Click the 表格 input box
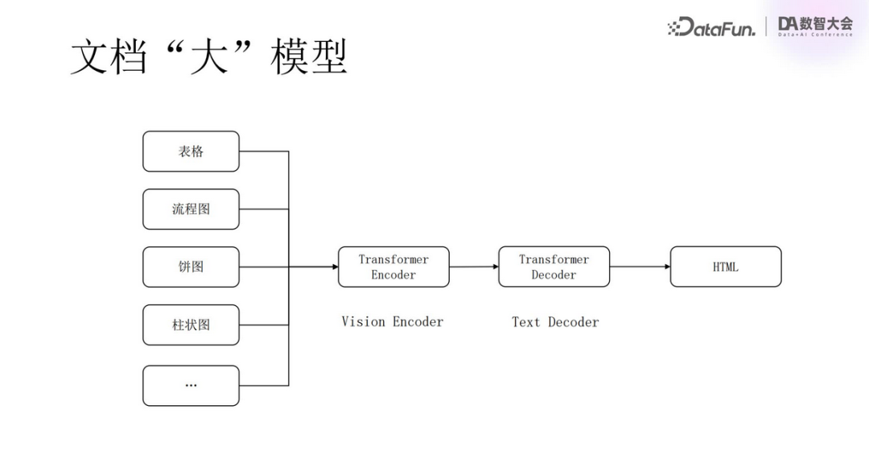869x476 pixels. [x=191, y=151]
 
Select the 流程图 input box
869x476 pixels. [x=191, y=209]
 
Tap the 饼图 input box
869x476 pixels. [x=191, y=267]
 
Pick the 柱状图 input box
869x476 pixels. [x=191, y=325]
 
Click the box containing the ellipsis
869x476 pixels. [x=191, y=386]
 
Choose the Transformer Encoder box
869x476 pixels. [x=393, y=267]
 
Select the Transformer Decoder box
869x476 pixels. [x=554, y=267]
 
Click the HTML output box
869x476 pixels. [x=725, y=267]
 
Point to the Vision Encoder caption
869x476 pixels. [x=392, y=321]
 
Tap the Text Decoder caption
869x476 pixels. [x=555, y=322]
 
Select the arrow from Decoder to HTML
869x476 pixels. [x=639, y=267]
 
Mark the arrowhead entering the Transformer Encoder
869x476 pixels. [x=334, y=267]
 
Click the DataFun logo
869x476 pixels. [x=711, y=27]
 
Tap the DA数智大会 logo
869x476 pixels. [x=815, y=26]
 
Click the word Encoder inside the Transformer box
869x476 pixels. [x=393, y=275]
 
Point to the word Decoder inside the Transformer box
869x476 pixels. [x=554, y=275]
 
